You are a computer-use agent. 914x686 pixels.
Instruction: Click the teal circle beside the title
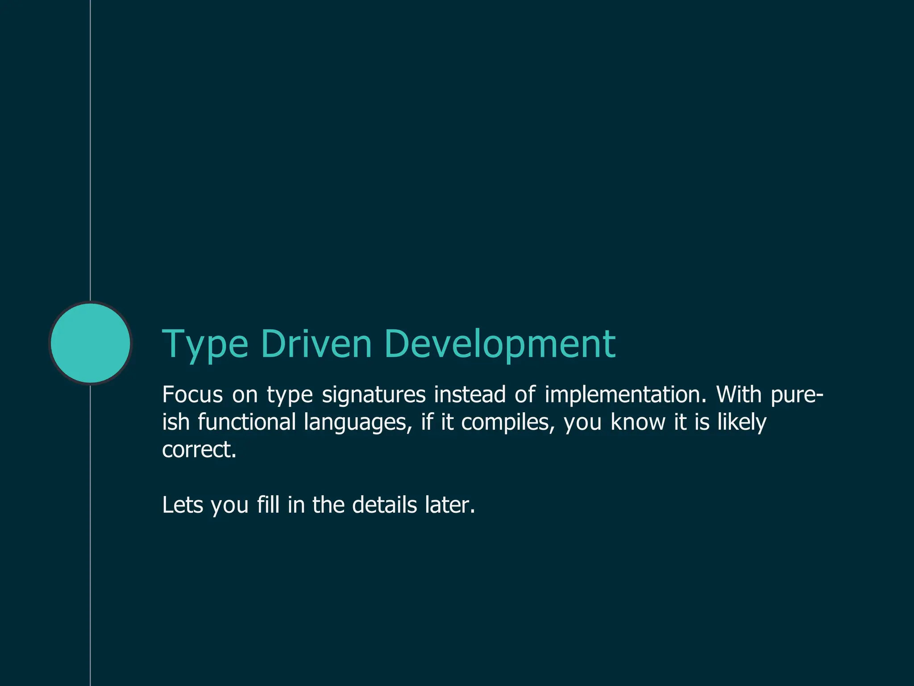point(91,343)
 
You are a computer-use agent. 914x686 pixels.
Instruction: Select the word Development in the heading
point(499,345)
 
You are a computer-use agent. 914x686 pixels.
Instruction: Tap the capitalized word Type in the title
point(205,345)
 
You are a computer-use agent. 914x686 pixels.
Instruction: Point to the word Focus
point(192,395)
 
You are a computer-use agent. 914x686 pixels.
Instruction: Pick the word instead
point(469,395)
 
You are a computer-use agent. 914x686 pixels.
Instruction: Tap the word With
point(739,395)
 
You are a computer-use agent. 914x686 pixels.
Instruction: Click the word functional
point(247,422)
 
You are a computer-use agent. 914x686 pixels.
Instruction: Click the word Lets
point(183,505)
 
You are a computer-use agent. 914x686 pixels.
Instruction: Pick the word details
point(384,505)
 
